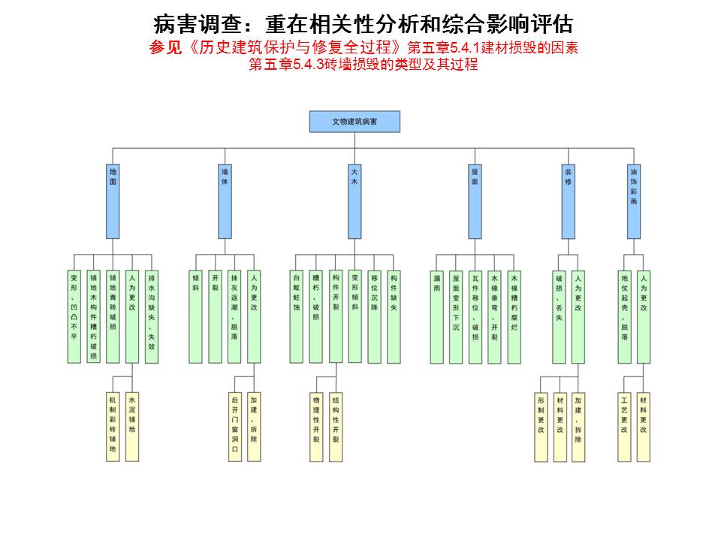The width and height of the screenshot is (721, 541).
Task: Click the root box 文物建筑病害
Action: [x=354, y=122]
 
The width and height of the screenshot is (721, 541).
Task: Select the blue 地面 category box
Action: [x=113, y=201]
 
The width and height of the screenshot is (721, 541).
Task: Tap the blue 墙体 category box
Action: [x=225, y=201]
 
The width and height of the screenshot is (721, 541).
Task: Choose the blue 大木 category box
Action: [x=354, y=201]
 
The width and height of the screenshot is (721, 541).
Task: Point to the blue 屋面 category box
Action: [x=475, y=201]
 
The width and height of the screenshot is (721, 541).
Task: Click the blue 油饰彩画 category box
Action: [x=635, y=201]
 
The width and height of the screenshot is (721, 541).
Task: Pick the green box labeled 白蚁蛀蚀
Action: [x=297, y=316]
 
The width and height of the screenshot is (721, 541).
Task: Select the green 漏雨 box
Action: [x=436, y=316]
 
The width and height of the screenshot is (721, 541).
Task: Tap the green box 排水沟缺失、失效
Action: [x=152, y=316]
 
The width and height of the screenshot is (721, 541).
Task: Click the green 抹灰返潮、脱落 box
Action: [x=234, y=316]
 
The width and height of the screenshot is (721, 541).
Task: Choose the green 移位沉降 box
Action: [x=375, y=316]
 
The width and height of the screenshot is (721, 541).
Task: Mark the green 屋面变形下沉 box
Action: [x=456, y=316]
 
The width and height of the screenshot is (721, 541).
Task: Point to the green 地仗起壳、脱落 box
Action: [x=625, y=316]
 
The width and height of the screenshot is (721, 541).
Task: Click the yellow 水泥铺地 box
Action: [x=132, y=427]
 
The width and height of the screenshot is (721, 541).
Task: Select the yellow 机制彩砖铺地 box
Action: [x=113, y=427]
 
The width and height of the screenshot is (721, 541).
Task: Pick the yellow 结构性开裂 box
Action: [x=336, y=427]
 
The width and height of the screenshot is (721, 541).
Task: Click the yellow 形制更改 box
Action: [x=541, y=427]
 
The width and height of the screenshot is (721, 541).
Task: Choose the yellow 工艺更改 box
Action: [x=625, y=427]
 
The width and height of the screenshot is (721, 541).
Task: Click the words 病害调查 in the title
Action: [x=188, y=23]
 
